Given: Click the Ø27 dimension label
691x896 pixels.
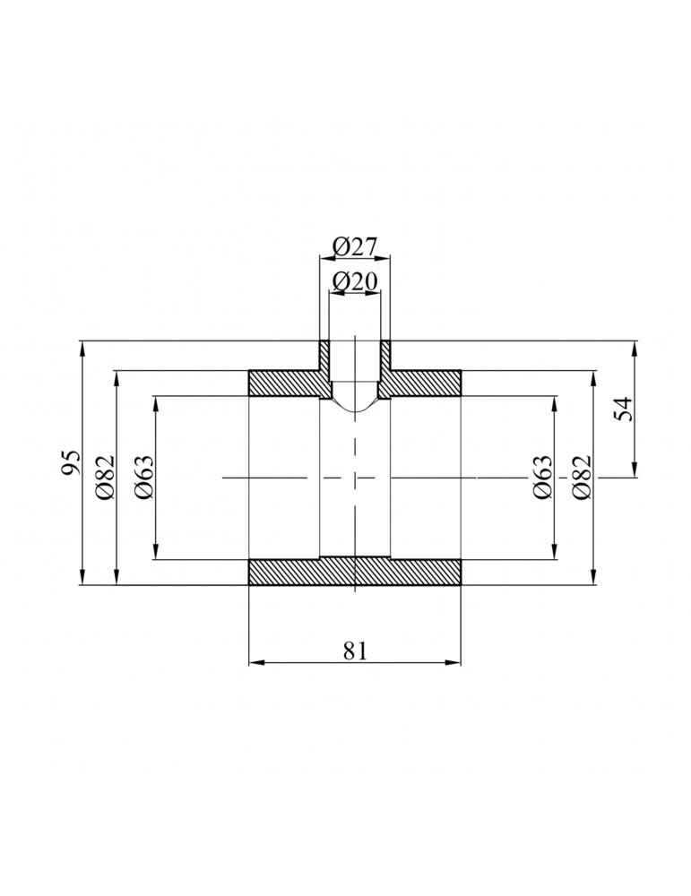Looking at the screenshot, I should [x=355, y=246].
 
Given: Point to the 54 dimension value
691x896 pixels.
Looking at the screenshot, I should [x=625, y=409].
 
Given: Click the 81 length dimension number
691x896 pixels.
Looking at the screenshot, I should [x=355, y=650].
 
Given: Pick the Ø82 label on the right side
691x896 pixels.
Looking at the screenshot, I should [x=581, y=477].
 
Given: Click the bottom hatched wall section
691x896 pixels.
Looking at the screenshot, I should [x=355, y=572].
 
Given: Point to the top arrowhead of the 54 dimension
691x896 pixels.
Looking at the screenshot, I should [x=635, y=347].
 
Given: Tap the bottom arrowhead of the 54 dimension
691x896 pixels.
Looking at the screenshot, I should [x=635, y=472].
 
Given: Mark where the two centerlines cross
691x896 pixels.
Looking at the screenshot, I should [x=356, y=478].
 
